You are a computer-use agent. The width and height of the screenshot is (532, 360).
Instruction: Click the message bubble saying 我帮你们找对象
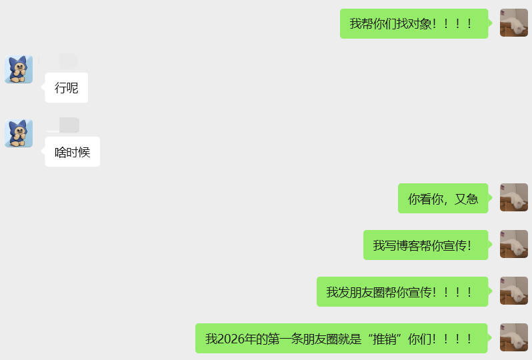(413, 24)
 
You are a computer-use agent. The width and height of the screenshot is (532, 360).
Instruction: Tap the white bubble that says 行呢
(66, 87)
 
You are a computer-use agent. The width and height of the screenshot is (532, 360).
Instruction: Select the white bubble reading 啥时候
(72, 152)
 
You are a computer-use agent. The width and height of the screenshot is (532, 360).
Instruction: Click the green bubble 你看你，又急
(443, 199)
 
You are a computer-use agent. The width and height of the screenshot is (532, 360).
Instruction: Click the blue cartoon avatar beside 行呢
(19, 69)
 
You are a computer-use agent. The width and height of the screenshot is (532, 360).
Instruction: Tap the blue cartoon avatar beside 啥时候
(19, 133)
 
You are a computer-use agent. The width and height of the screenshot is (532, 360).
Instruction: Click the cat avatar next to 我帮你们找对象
(513, 23)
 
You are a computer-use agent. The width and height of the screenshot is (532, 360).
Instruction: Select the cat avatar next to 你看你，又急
(513, 197)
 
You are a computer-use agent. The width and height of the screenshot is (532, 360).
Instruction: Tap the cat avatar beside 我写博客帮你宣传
(513, 244)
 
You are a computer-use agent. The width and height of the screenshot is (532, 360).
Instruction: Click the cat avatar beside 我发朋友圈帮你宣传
(513, 291)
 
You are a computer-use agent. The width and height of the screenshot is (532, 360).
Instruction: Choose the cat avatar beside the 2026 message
(513, 337)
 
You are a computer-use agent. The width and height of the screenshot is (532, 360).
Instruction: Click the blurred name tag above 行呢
(68, 61)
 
